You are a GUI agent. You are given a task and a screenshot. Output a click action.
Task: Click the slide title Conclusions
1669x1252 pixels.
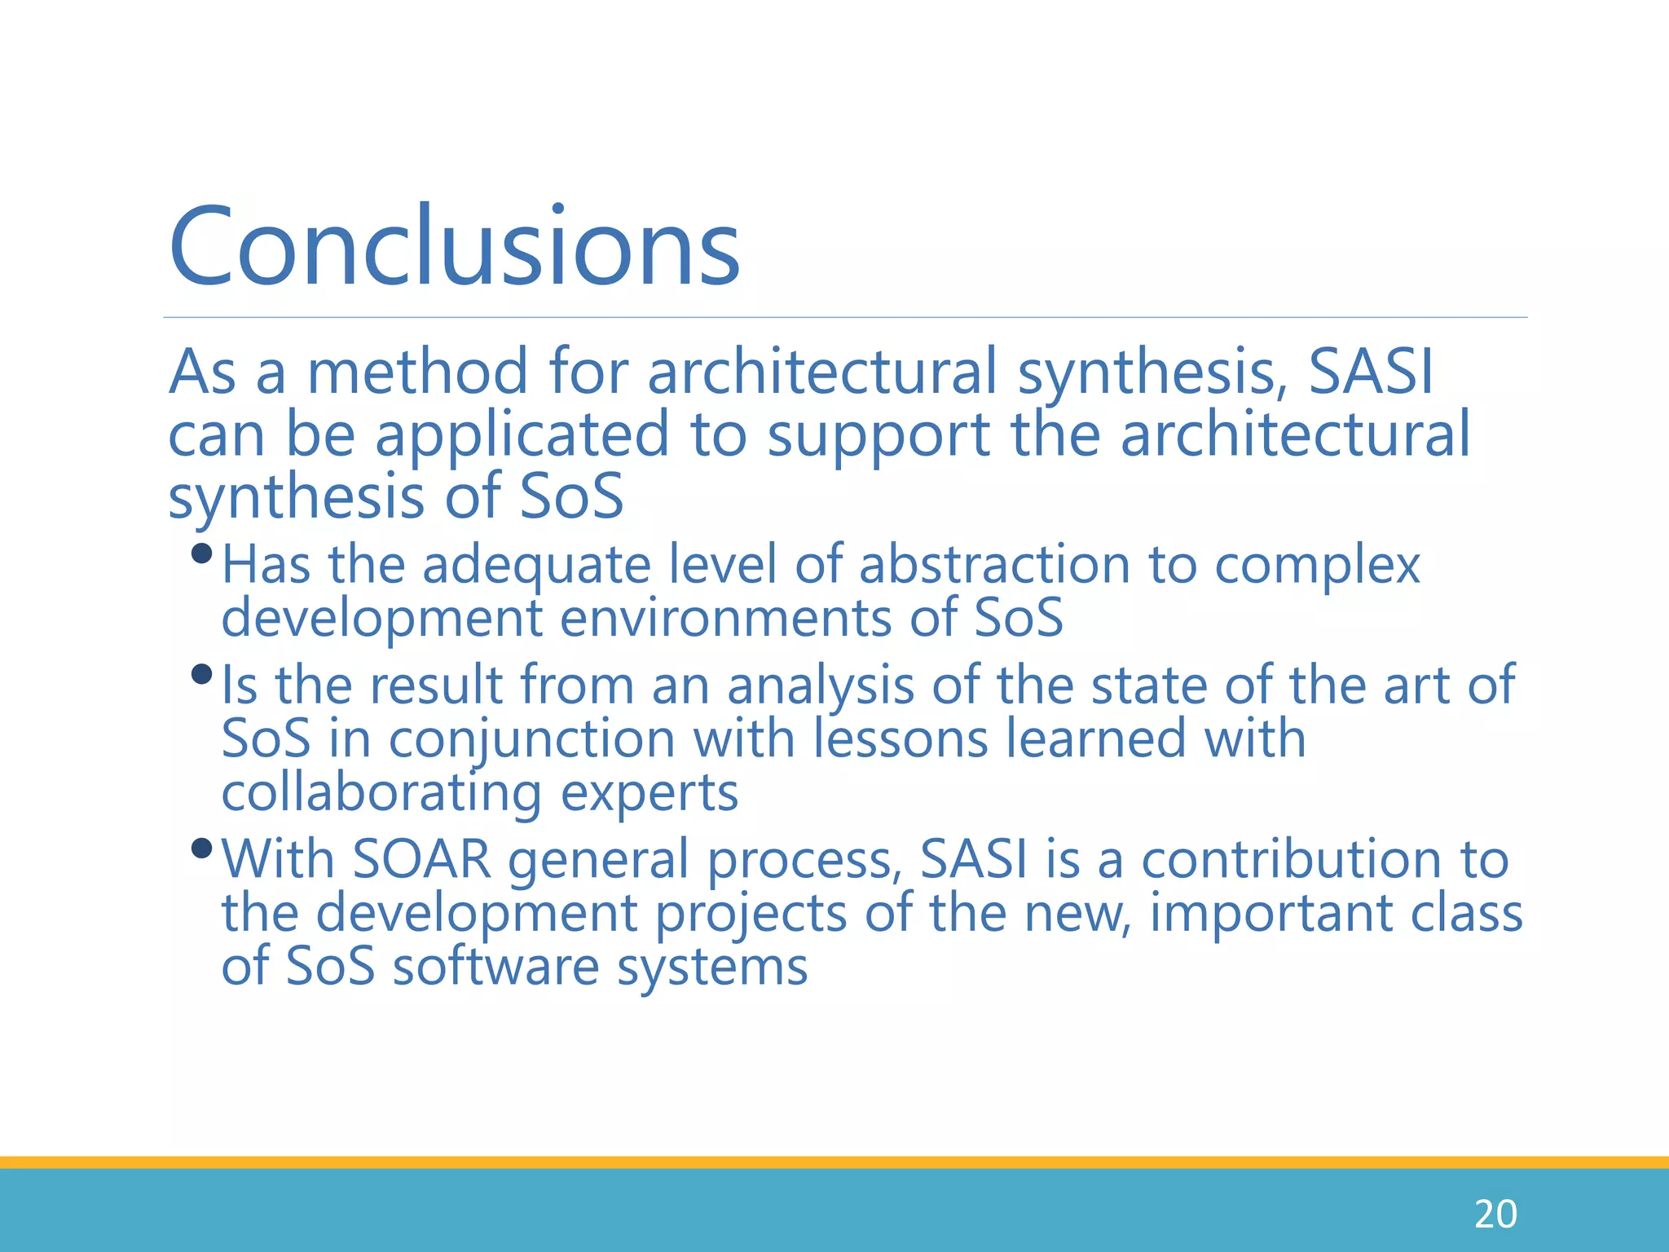pos(454,246)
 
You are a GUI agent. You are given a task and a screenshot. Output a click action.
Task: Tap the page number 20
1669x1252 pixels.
pos(1495,1215)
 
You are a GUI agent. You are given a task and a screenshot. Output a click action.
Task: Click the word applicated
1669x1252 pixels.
pos(522,435)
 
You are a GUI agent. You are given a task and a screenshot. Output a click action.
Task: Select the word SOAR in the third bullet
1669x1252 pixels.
pos(422,859)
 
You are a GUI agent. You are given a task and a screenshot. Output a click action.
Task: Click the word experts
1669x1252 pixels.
pos(650,793)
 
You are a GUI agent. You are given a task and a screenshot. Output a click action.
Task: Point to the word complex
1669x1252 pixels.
pos(1317,566)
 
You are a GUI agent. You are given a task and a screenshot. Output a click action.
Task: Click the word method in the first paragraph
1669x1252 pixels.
pos(416,372)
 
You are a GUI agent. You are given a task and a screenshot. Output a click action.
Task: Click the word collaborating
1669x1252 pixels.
pos(381,793)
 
